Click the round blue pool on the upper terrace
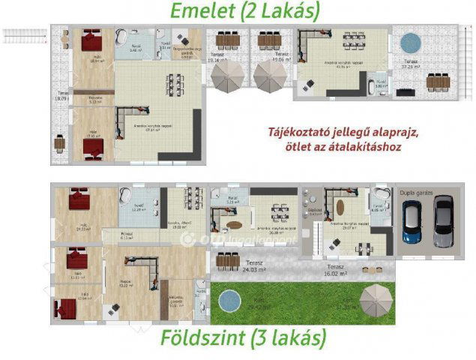tap(411, 43)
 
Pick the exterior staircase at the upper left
tap(23, 34)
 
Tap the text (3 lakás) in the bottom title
tap(295, 338)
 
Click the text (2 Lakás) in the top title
tap(287, 12)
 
